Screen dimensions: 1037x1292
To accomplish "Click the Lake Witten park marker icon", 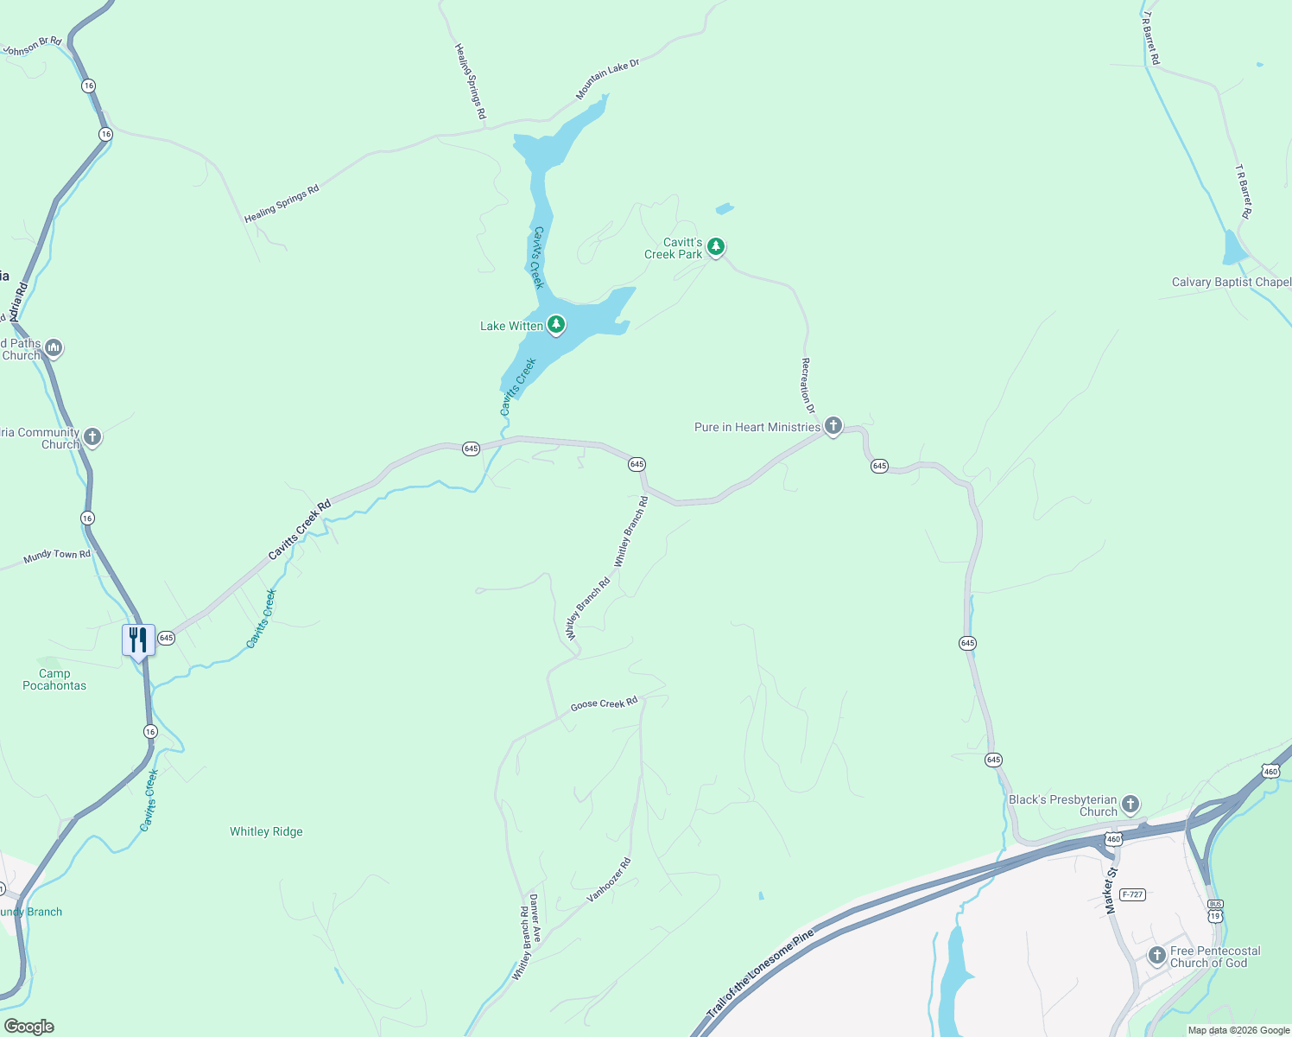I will pos(556,325).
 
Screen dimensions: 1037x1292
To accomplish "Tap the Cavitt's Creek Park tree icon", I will pos(715,247).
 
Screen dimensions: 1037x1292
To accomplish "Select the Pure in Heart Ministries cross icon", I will pos(833,426).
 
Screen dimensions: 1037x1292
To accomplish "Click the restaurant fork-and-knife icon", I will pos(138,640).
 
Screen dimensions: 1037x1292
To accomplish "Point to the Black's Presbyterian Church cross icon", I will pos(1130,805).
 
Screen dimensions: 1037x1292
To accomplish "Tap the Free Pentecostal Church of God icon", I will pos(1157,956).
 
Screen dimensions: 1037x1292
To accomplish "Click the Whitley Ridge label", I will pos(266,831).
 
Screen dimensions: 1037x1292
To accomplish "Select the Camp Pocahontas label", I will pos(54,679).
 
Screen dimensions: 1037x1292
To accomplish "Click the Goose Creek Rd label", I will pos(604,703).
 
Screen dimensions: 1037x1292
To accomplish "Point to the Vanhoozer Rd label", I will pos(609,880).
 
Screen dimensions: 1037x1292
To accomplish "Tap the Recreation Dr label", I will pos(807,385).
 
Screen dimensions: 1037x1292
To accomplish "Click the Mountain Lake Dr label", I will pos(608,80).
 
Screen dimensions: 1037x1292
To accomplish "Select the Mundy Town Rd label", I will pos(57,556).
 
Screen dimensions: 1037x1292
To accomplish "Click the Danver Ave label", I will pos(535,918).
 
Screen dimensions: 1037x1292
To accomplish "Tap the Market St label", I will pos(1111,890).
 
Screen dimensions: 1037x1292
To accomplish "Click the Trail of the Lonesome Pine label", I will pos(760,973).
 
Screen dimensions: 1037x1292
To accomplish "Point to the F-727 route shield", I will pos(1131,894).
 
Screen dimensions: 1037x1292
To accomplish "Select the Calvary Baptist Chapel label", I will pos(1232,282).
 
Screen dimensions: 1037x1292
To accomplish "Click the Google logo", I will pos(28,1027).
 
